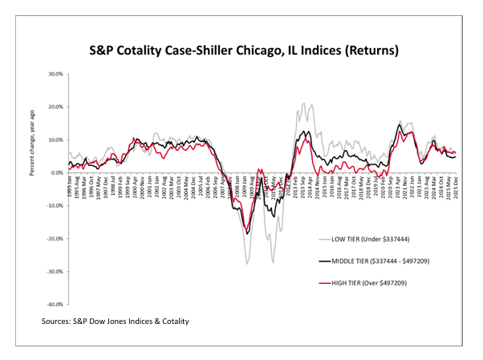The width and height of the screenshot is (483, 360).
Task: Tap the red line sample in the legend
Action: [326, 282]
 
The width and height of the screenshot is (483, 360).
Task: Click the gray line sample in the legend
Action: [326, 238]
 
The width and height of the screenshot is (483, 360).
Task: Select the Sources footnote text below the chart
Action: [116, 321]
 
